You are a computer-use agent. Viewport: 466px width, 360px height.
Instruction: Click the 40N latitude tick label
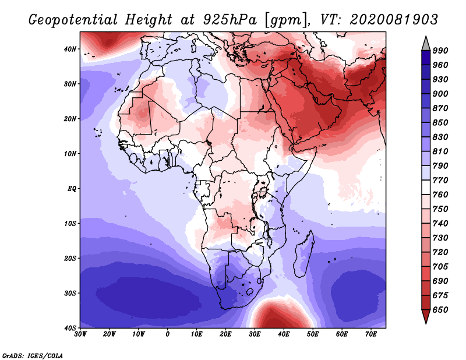pos(70,49)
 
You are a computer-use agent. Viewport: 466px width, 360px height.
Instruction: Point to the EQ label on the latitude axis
pos(72,189)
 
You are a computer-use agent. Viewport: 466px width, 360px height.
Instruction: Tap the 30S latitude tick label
pos(70,293)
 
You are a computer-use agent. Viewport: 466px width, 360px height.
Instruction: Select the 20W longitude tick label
pos(110,334)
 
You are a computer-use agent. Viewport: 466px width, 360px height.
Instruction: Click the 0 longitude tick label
pos(168,334)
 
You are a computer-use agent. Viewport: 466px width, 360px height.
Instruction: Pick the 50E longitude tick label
pos(313,334)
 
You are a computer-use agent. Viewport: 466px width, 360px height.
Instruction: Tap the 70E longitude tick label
pos(370,334)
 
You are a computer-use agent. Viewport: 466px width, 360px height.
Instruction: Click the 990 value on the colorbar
pos(440,51)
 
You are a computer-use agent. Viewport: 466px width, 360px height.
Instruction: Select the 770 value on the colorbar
pos(440,180)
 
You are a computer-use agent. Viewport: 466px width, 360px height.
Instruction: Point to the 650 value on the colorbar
pos(440,310)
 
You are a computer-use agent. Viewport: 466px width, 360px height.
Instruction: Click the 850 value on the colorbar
pos(440,122)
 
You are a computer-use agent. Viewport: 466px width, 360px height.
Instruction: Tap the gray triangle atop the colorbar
pos(426,45)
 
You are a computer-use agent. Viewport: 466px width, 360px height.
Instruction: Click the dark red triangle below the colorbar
pos(426,316)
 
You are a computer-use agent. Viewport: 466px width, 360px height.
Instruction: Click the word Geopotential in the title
pos(72,20)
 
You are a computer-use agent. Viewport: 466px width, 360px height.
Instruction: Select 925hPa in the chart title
pos(230,20)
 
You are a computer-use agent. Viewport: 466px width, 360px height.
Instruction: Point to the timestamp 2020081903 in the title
pos(394,20)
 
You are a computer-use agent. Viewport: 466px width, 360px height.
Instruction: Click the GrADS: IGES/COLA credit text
pos(33,355)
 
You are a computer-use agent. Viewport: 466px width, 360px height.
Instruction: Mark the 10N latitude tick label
pos(70,154)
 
